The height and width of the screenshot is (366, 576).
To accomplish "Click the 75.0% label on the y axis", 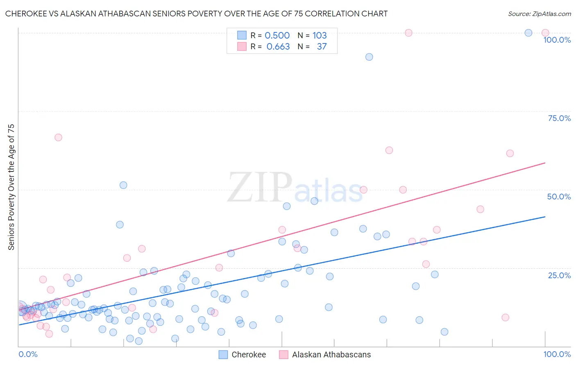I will [559, 118].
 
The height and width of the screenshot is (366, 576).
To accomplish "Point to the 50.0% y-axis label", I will [559, 197].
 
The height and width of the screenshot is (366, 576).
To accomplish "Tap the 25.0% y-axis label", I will [559, 275].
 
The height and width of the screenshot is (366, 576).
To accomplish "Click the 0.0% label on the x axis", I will [28, 354].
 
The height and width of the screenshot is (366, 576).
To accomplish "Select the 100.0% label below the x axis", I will [557, 354].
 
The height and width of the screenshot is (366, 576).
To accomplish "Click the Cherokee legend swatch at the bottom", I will [223, 355].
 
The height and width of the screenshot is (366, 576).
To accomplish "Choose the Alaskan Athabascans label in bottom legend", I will [331, 355].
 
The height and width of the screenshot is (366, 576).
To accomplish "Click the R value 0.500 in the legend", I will [277, 35].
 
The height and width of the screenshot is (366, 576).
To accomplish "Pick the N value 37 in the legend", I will [322, 46].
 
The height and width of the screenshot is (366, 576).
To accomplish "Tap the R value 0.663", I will [278, 46].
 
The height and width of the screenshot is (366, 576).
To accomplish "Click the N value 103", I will [320, 35].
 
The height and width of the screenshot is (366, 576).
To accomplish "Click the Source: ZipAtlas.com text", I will [539, 14].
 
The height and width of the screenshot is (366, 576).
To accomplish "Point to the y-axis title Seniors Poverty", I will [11, 187].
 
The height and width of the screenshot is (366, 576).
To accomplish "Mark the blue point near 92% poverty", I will [369, 57].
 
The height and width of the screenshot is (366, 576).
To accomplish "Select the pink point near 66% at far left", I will [58, 137].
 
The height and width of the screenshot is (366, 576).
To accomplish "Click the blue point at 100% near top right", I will [528, 33].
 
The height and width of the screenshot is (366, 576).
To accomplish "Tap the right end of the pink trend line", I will [545, 163].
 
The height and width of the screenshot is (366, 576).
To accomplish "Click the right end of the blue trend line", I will [545, 217].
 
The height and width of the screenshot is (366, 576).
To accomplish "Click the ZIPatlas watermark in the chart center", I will [295, 188].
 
